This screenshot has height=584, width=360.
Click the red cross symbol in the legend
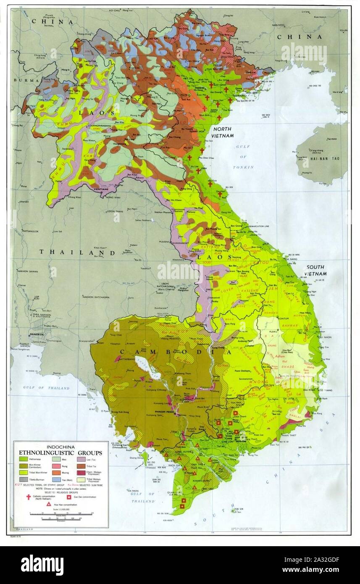29,497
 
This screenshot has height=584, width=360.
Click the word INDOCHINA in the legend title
60,447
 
